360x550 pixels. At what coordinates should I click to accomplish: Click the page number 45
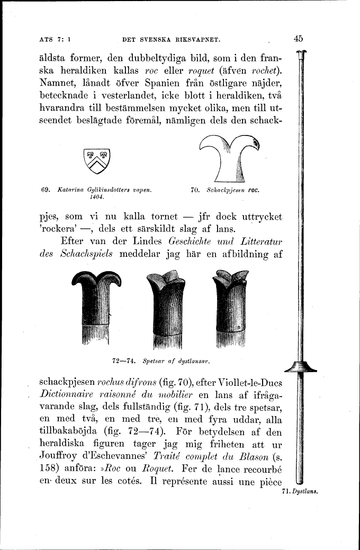click(298, 38)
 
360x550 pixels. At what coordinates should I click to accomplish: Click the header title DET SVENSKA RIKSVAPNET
click(170, 39)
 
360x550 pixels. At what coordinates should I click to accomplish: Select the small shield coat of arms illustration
click(97, 162)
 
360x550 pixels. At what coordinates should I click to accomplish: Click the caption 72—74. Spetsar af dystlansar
click(162, 362)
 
